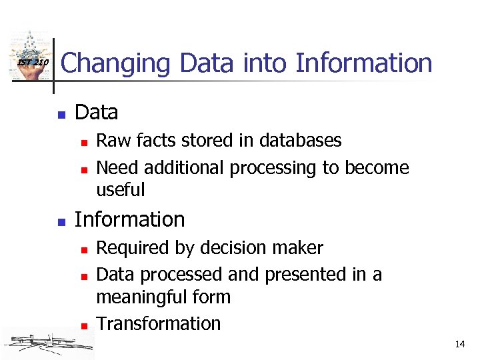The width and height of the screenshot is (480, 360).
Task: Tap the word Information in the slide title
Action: [364, 63]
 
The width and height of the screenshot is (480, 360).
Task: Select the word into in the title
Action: [268, 63]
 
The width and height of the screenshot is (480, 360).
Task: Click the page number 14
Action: [459, 344]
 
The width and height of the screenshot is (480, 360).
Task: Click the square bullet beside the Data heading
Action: [61, 114]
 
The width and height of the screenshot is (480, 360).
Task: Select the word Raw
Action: [111, 140]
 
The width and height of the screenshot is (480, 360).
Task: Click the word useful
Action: [120, 190]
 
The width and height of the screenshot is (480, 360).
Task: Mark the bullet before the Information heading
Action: [61, 221]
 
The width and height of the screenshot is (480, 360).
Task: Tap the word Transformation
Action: [158, 323]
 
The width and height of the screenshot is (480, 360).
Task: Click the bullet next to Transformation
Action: [83, 325]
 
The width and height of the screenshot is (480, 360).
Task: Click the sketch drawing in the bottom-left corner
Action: [47, 343]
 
